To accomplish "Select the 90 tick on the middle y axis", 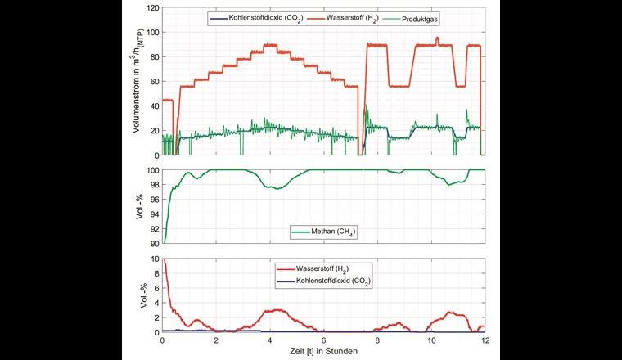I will pyautogui.click(x=152, y=244).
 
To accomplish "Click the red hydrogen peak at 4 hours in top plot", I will pyautogui.click(x=270, y=45).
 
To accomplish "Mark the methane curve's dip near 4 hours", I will pyautogui.click(x=278, y=188).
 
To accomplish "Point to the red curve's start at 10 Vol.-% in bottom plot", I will pyautogui.click(x=164, y=259).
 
